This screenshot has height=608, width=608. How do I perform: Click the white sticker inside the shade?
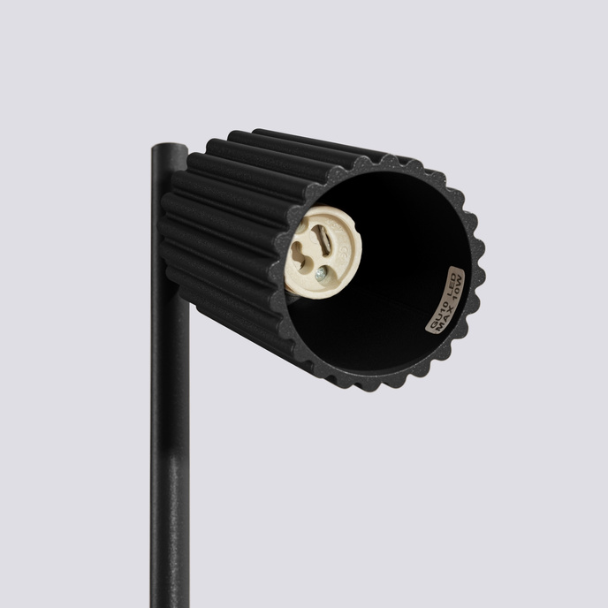[445, 300]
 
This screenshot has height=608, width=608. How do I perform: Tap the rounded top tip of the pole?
[168, 148]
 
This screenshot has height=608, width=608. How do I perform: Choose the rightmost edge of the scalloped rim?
[483, 265]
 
